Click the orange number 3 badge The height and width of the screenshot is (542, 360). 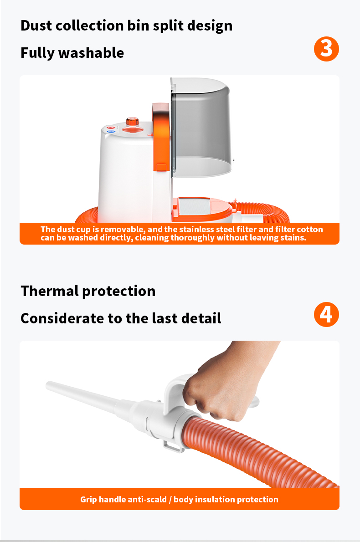click(326, 49)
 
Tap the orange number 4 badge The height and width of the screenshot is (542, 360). click(326, 315)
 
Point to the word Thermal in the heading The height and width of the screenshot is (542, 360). click(50, 291)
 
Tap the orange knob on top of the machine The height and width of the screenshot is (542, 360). click(132, 121)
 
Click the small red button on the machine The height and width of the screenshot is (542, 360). click(111, 128)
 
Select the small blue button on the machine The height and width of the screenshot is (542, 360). click(111, 132)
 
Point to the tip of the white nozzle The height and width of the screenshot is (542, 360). click(48, 384)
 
